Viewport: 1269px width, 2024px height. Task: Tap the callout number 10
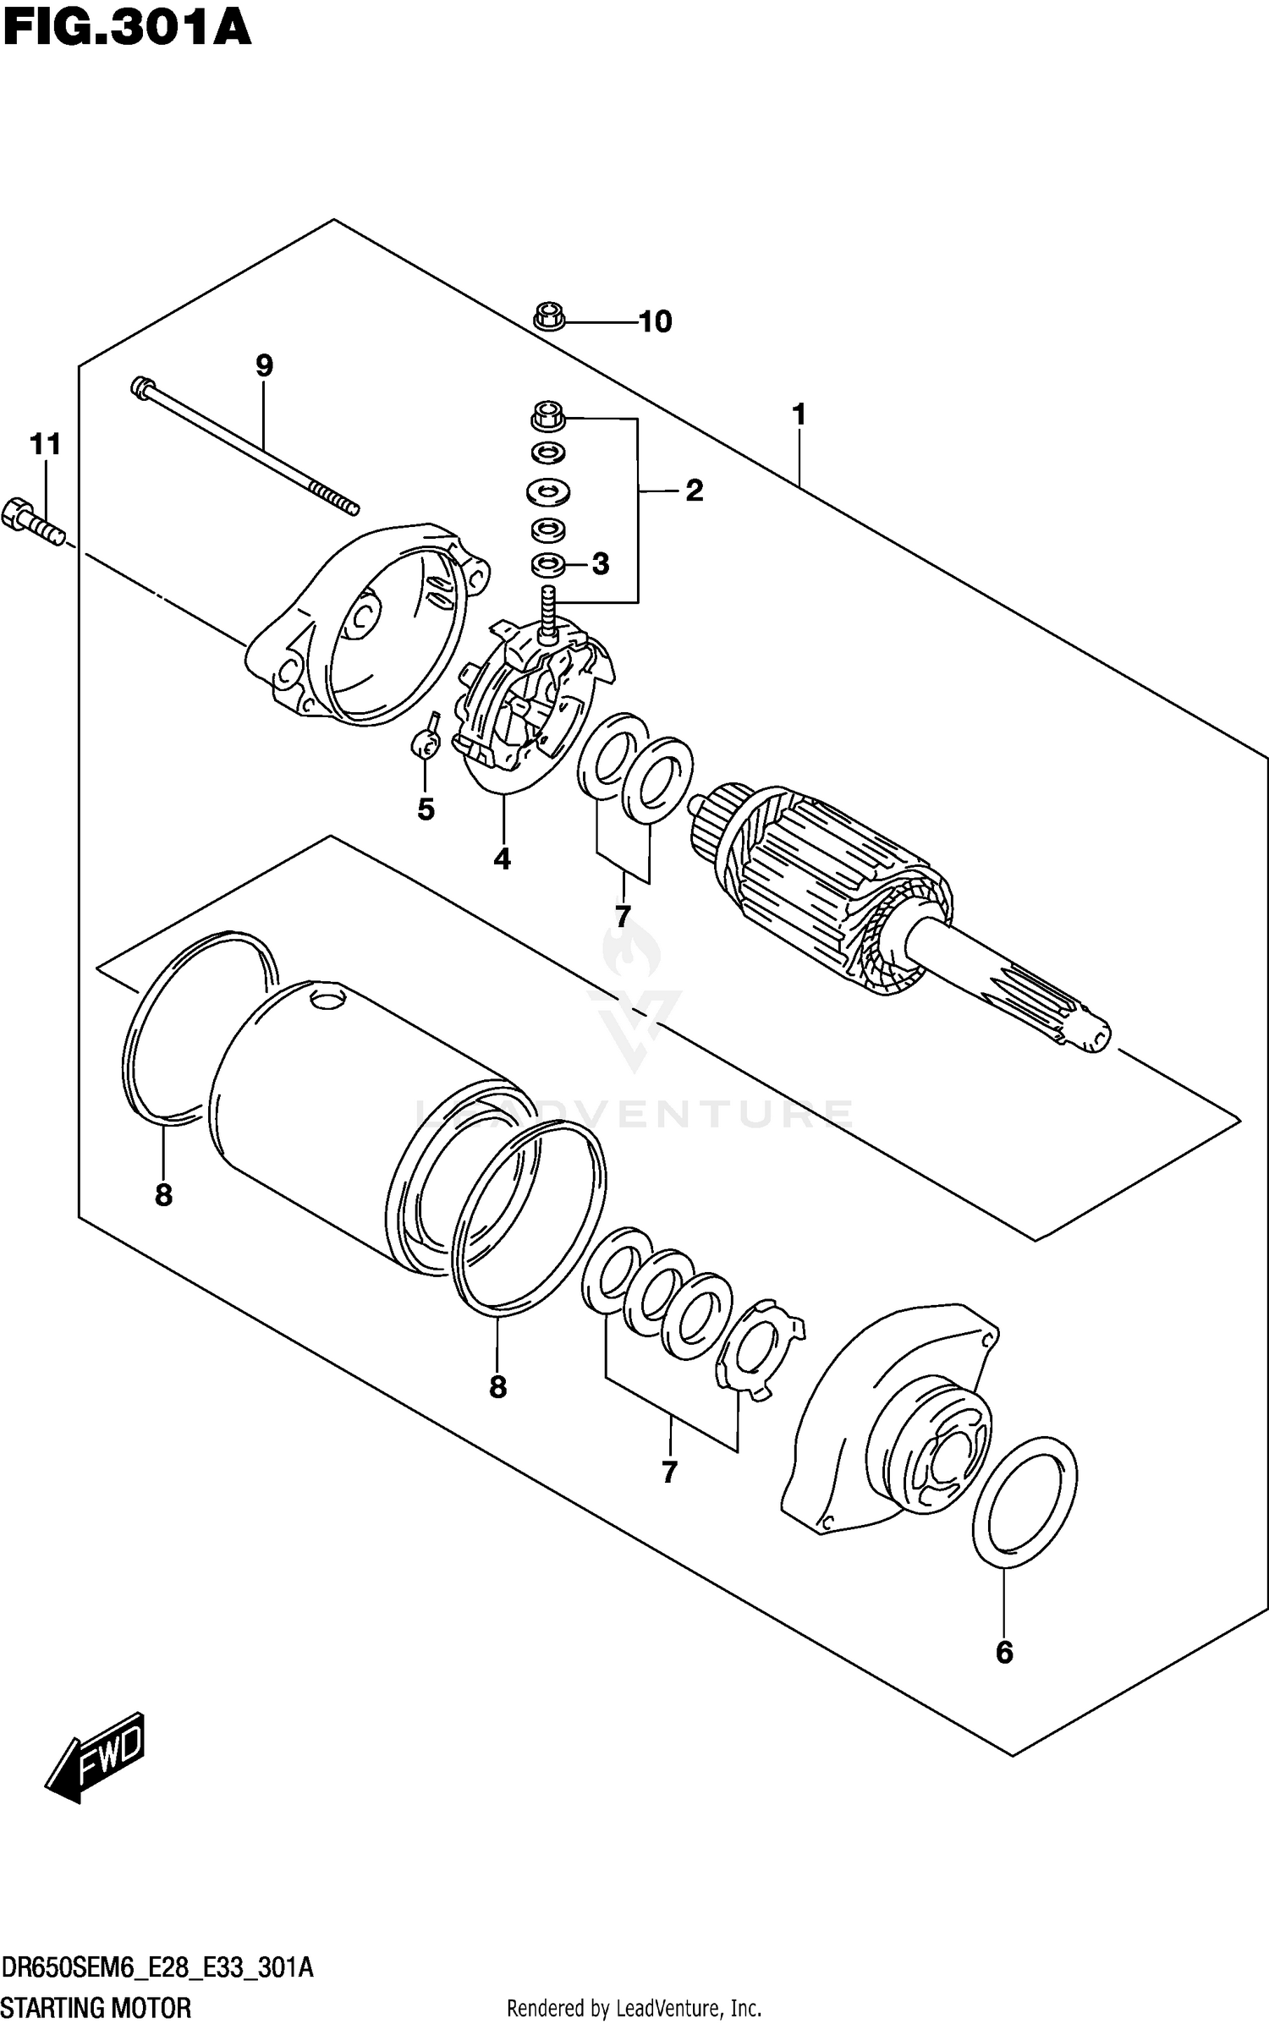coord(655,321)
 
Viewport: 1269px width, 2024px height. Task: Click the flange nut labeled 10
coord(550,317)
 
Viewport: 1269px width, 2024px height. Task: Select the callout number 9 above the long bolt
coord(264,366)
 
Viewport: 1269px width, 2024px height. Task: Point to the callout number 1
coord(798,415)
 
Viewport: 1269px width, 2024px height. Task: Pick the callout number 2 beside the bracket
coord(694,491)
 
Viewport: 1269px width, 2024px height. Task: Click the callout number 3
coord(600,564)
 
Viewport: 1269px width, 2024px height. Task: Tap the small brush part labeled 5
coord(426,743)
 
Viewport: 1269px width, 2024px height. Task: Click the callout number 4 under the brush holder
coord(502,859)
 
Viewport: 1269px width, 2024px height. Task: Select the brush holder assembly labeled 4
coord(533,702)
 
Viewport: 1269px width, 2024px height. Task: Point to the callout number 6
coord(1004,1653)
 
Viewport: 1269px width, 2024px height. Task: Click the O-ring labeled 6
coord(1025,1502)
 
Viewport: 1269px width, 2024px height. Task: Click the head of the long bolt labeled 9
coord(142,387)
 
